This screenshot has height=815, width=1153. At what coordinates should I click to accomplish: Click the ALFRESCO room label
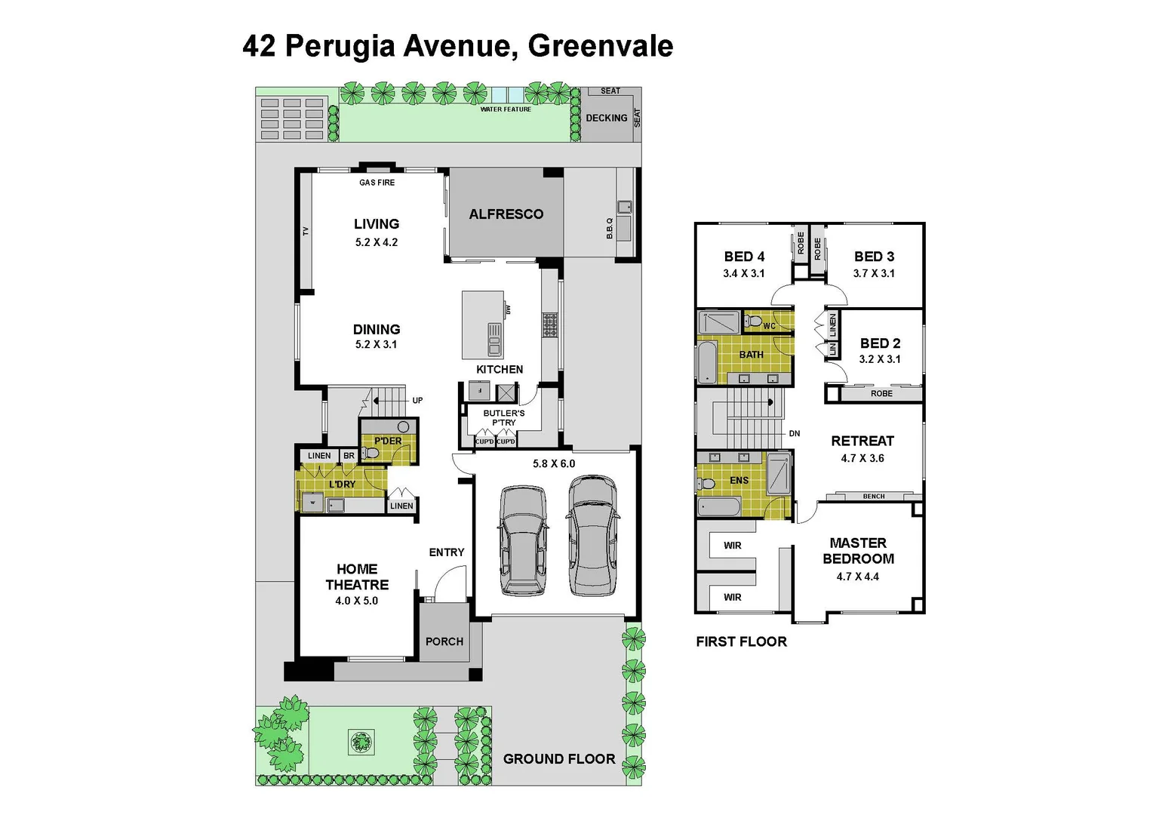[x=506, y=214]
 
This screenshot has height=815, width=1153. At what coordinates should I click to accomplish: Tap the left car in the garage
[x=523, y=540]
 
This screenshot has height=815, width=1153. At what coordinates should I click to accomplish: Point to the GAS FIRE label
[x=377, y=183]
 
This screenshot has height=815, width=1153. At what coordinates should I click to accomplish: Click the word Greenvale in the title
[x=600, y=46]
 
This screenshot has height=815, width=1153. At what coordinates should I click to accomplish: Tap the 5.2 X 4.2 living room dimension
[x=377, y=242]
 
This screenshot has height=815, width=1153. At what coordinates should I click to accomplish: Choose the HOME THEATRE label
[x=357, y=577]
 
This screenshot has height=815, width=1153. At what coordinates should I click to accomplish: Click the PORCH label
[x=444, y=641]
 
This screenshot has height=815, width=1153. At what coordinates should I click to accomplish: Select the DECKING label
[x=607, y=118]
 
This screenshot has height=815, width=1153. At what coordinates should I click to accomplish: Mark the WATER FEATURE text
[x=506, y=109]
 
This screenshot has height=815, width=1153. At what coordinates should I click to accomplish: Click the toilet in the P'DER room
[x=370, y=453]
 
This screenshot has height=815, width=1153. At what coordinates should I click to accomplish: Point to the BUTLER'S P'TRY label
[x=504, y=418]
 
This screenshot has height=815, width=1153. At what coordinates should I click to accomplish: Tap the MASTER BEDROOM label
[x=858, y=551]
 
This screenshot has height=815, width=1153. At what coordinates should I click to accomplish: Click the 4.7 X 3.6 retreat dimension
[x=862, y=458]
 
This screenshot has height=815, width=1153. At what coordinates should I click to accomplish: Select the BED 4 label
[x=744, y=257]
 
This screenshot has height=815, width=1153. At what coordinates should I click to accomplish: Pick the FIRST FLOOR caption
[x=741, y=641]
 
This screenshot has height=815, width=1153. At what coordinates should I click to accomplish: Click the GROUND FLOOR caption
[x=559, y=759]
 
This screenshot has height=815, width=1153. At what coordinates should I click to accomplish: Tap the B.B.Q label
[x=610, y=229]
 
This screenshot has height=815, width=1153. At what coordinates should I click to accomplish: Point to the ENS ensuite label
[x=739, y=481]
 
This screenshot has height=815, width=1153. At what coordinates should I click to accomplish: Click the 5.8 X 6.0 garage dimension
[x=554, y=463]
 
